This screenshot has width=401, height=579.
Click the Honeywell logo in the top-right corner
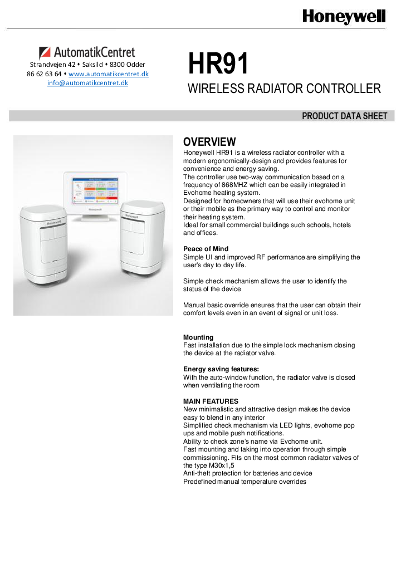tap(344, 17)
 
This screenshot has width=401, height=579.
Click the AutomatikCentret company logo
tap(87, 53)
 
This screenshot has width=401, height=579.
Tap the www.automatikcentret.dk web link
tap(109, 74)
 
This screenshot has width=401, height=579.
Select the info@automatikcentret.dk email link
tap(87, 83)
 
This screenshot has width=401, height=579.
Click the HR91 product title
tap(218, 64)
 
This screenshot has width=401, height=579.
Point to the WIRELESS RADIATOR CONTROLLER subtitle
tap(284, 89)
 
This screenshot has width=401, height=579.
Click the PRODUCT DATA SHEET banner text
tap(344, 116)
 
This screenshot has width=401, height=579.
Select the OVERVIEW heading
tap(209, 142)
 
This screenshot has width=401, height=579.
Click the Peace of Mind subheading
tap(206, 249)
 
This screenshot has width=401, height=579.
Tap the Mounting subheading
tap(198, 337)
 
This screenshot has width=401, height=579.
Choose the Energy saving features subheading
tap(221, 369)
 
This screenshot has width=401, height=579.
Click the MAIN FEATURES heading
tap(211, 401)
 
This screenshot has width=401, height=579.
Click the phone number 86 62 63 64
tap(44, 74)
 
